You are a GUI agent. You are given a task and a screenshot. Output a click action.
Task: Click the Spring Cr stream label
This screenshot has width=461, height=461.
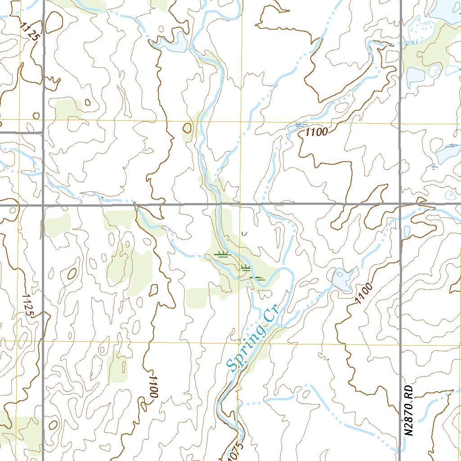click(253, 339)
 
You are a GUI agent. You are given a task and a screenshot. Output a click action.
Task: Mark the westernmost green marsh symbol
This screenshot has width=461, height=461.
click(221, 254)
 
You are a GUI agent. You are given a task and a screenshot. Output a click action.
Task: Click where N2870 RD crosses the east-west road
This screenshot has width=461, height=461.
click(400, 204)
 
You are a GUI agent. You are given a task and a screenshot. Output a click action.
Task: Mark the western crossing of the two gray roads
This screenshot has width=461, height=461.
click(43, 205)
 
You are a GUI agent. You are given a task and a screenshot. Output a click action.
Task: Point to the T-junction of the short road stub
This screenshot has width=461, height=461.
click(43, 133)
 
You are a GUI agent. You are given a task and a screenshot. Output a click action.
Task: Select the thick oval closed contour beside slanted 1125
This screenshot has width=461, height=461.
click(54, 22)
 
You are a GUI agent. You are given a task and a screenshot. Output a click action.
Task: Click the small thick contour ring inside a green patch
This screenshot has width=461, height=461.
click(187, 129)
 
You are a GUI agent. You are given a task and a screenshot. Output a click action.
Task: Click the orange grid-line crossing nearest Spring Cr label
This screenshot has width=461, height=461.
click(239, 343)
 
